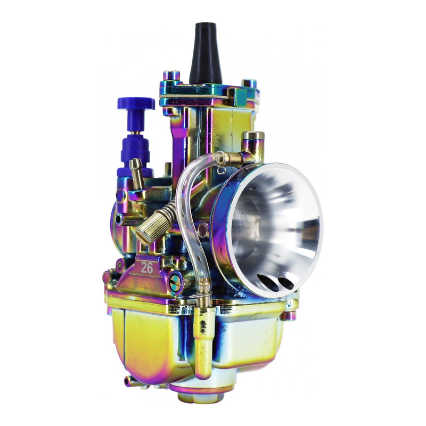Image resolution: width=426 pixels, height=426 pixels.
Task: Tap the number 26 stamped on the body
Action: coord(147,268)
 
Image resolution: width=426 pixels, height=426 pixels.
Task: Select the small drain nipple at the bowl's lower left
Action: coord(129,381)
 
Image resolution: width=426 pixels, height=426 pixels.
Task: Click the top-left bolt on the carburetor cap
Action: coord(170,76)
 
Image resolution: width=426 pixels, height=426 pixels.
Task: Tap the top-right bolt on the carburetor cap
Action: coord(249,85)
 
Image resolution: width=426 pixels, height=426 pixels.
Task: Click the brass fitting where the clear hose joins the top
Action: coord(234,157)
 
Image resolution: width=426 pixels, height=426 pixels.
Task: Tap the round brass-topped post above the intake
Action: coord(253,141)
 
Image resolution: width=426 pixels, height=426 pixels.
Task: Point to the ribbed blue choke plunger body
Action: coord(133,146)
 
